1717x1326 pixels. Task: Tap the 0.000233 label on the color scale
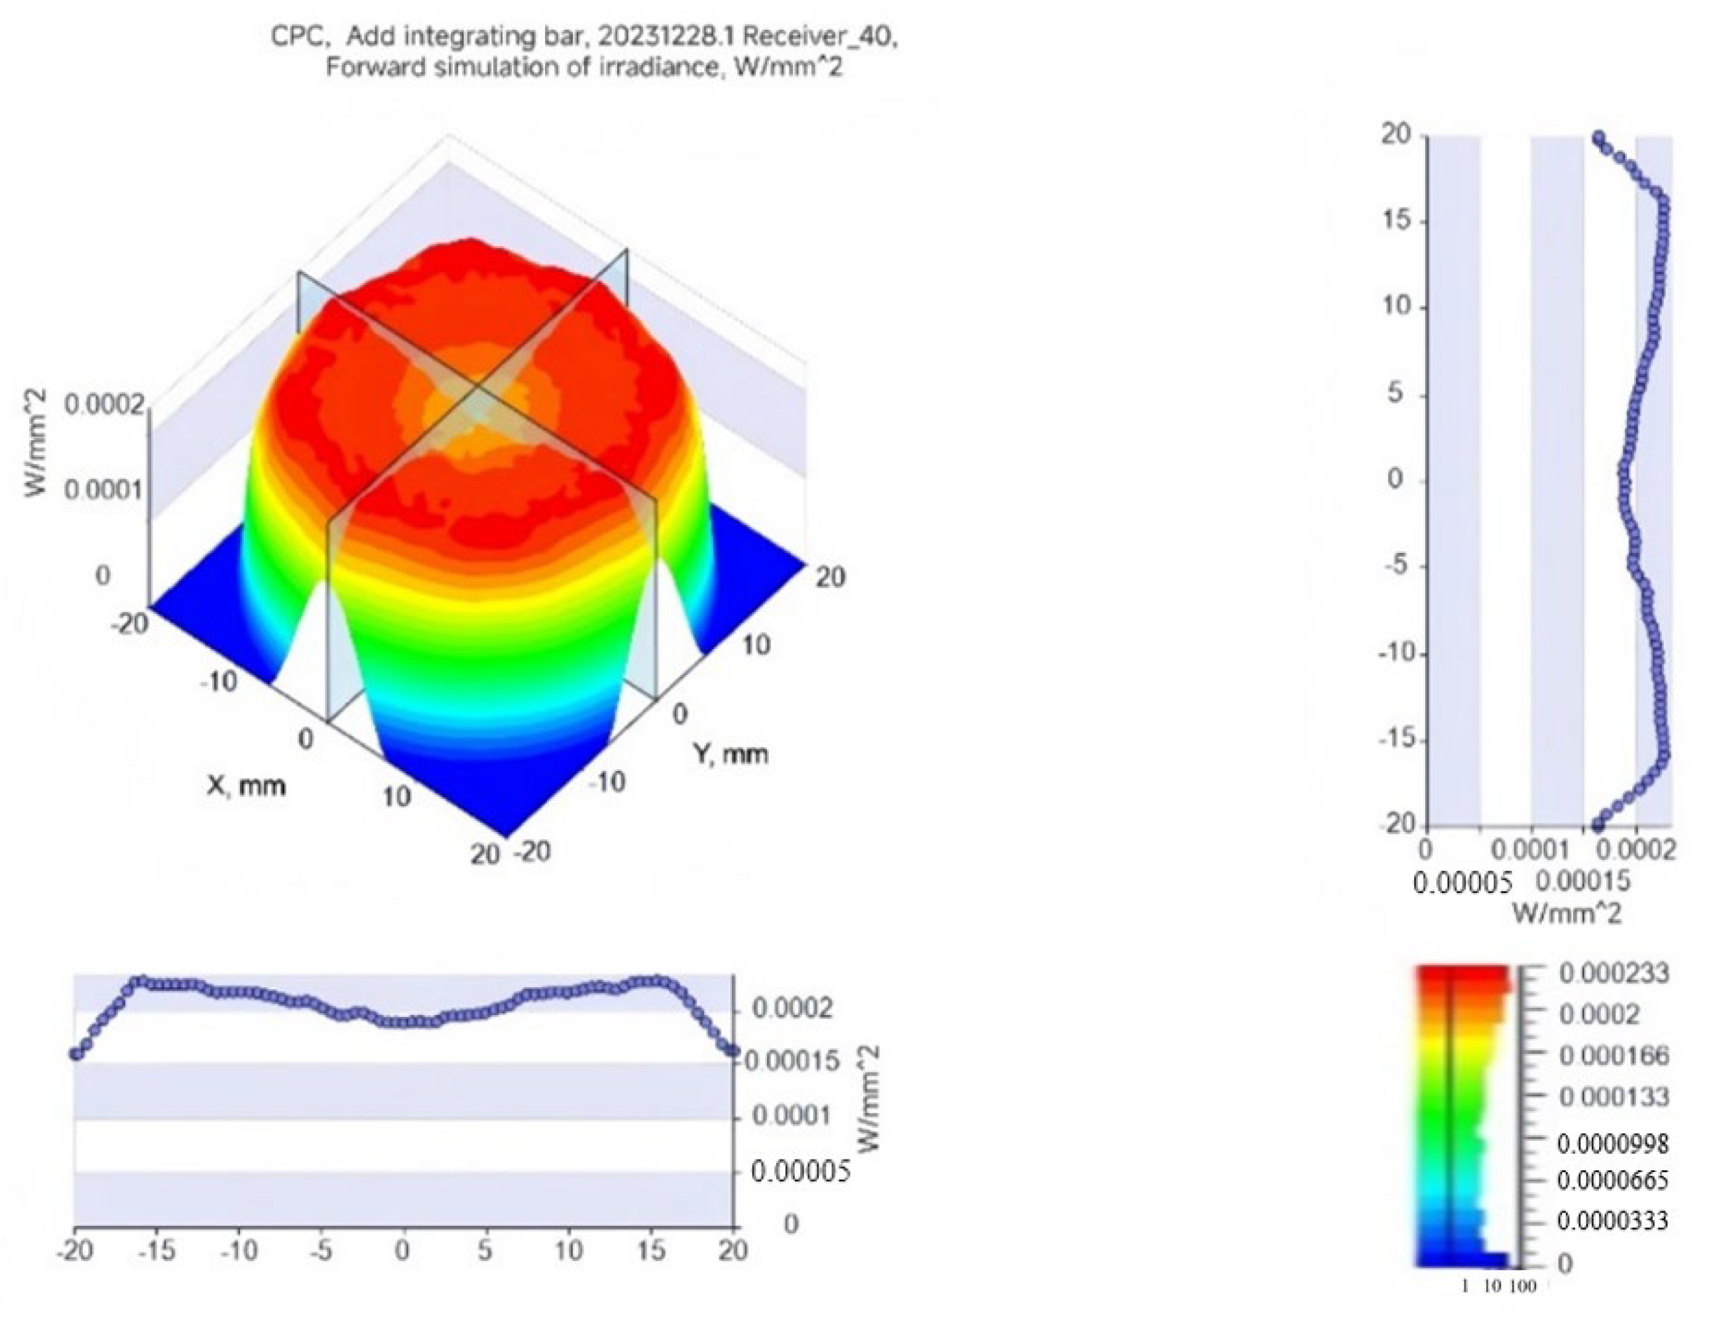click(x=1613, y=974)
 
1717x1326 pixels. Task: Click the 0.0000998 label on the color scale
click(x=1612, y=1143)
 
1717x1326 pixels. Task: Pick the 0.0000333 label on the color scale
click(x=1612, y=1221)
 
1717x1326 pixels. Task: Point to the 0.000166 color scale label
click(x=1613, y=1055)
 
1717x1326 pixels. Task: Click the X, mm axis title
click(x=246, y=784)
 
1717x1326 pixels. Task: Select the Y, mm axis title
click(x=731, y=754)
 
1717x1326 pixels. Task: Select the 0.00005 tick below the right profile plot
click(x=1462, y=883)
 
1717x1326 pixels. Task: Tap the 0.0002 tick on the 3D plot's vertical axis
click(x=104, y=406)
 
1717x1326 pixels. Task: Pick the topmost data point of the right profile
click(x=1598, y=138)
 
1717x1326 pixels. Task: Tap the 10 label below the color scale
click(x=1492, y=1287)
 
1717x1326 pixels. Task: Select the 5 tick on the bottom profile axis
click(x=485, y=1250)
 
